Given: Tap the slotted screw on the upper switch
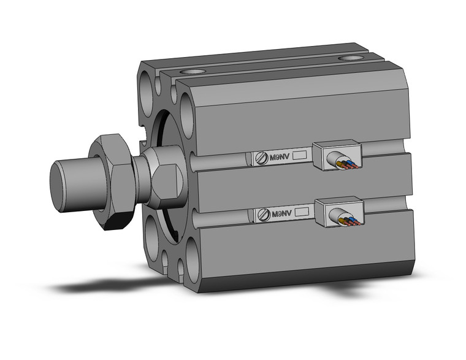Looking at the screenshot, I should (x=262, y=158).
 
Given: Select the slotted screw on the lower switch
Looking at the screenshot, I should (x=262, y=214).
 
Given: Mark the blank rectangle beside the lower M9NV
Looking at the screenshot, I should (x=300, y=212).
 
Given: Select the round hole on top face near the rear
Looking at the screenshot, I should (x=351, y=59).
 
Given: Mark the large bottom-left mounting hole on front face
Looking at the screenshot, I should (x=150, y=236).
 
